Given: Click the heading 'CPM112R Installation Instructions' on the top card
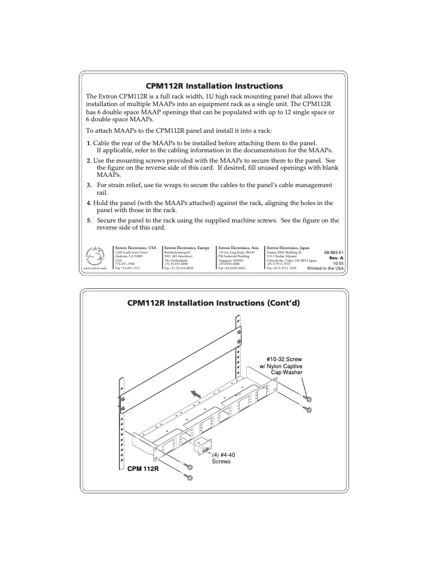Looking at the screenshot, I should coord(215,86).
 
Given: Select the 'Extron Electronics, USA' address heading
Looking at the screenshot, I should coord(136,247).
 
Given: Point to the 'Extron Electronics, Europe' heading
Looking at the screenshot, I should coord(186,247).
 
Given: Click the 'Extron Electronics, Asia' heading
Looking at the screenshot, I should coord(238,247).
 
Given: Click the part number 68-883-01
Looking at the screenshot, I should coord(333,253).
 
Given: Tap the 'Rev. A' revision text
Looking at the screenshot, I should coord(337,258).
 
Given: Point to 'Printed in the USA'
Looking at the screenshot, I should coord(326,268).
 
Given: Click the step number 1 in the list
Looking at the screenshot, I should coord(89,142).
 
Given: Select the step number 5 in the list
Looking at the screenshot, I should coord(89,220).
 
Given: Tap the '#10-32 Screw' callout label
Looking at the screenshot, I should coord(284,360).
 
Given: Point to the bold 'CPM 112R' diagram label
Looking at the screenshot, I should coord(143,468).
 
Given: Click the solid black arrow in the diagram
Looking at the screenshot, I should coord(193,393).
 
